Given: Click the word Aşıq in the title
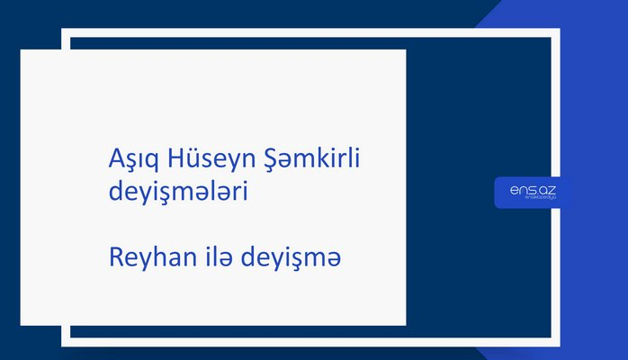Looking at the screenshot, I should click(x=129, y=160).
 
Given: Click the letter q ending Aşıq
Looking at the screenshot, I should click(x=148, y=162).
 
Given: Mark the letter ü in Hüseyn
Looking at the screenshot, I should click(x=185, y=159).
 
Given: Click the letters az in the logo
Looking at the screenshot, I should click(x=543, y=188).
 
